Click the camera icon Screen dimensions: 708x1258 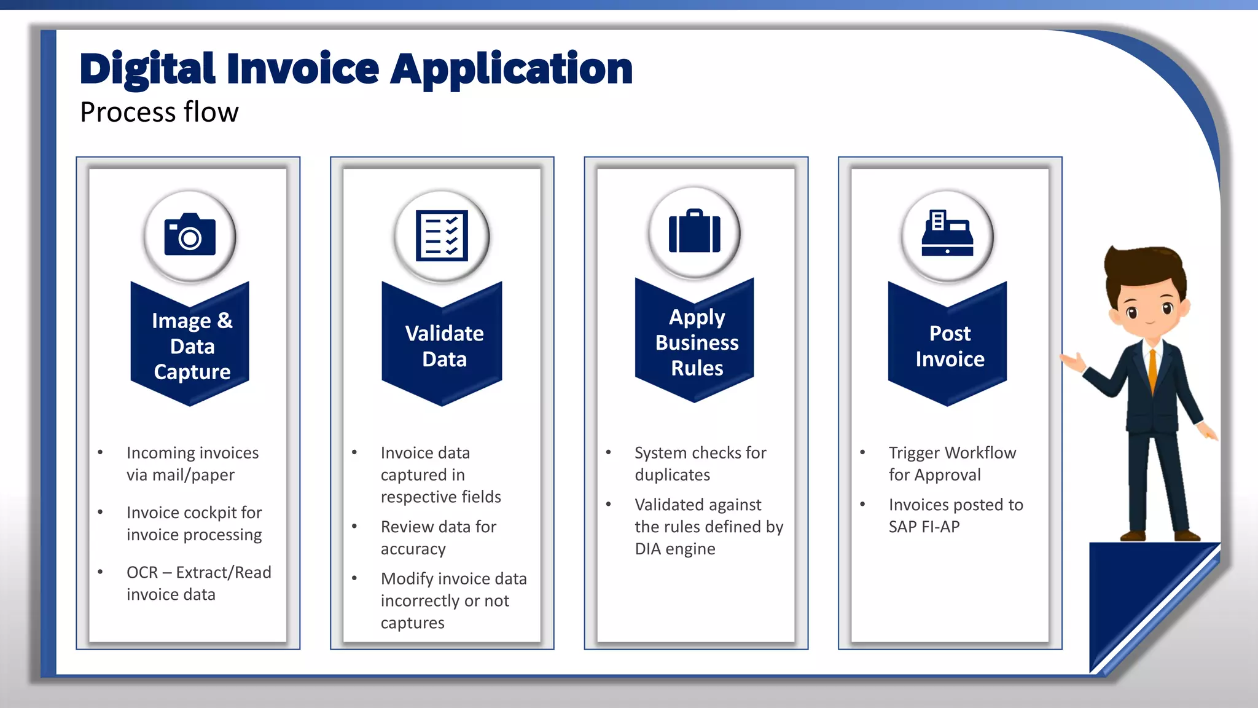coord(190,235)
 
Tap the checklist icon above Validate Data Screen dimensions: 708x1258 coord(442,236)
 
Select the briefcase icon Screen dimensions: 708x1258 coord(694,232)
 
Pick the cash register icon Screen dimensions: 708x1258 coord(947,234)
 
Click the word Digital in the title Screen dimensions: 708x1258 coord(147,68)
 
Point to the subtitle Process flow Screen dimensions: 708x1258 coord(159,112)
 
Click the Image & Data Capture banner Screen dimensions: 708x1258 coord(192,346)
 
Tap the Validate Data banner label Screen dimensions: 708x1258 coord(444,346)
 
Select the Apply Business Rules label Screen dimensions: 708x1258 coord(697,342)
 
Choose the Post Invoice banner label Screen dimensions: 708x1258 coord(950,346)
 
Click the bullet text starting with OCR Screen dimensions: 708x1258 coord(198,583)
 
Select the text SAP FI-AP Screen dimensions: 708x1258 coord(924,527)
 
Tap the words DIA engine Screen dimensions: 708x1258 coord(674,549)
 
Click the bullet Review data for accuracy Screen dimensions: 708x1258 coord(438,538)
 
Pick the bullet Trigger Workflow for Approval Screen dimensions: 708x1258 coord(951,463)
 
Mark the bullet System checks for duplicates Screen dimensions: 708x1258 coord(700,463)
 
